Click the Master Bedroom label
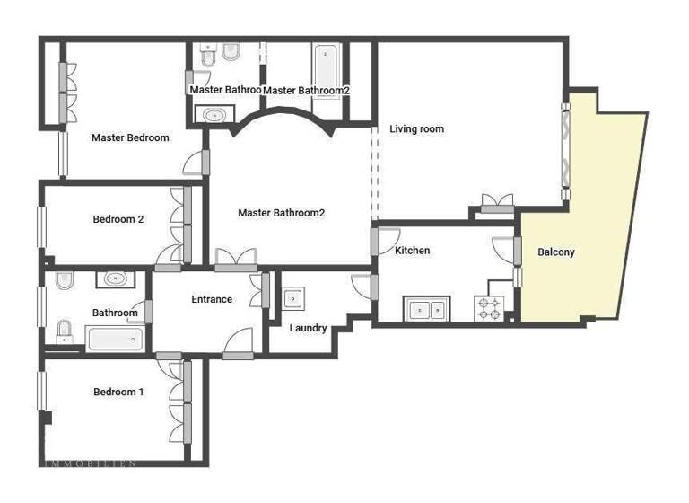(x=130, y=137)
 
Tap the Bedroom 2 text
(x=118, y=219)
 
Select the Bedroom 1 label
(x=118, y=392)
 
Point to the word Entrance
(x=212, y=299)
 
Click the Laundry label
(x=308, y=328)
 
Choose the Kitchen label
(x=413, y=251)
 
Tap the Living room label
(x=416, y=129)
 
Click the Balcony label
(x=556, y=252)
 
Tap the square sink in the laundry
(x=292, y=298)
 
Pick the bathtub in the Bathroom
(x=114, y=339)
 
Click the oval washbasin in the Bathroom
(x=114, y=278)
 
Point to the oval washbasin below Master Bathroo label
(x=214, y=115)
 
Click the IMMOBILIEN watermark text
(x=90, y=463)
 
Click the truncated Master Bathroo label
(x=225, y=90)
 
